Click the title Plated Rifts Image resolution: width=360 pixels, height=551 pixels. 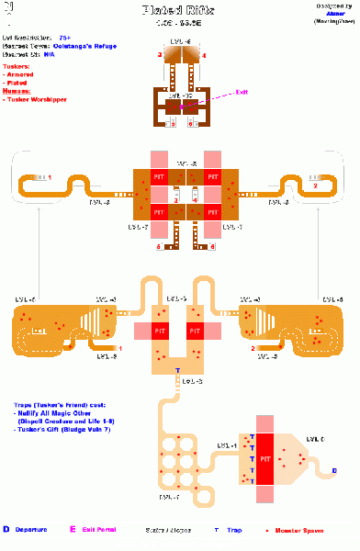click(x=180, y=9)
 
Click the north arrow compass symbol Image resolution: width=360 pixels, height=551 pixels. click(x=8, y=12)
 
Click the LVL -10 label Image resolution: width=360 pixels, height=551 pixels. click(x=179, y=95)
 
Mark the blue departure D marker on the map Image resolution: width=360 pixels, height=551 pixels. click(x=333, y=470)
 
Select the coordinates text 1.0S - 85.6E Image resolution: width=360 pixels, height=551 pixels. click(x=180, y=22)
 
